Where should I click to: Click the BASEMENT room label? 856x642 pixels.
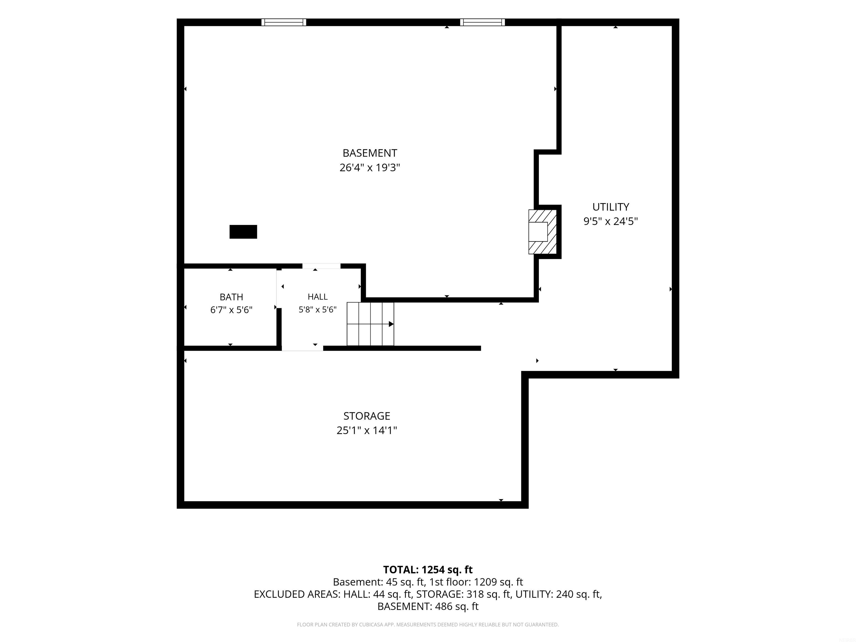[369, 153]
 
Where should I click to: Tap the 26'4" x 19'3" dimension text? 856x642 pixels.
[369, 167]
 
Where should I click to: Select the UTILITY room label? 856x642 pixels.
[611, 207]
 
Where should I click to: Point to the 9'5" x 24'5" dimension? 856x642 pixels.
[611, 221]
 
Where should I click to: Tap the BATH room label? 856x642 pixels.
[231, 297]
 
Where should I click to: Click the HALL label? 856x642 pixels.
[318, 297]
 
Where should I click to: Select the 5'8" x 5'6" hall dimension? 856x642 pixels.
[318, 310]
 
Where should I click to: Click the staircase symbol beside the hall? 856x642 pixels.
[370, 324]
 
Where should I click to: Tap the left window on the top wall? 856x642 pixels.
[284, 22]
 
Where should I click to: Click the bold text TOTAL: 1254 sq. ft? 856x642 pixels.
[428, 570]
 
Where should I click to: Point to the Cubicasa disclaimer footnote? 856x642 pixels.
[428, 625]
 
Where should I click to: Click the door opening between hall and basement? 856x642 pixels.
[321, 266]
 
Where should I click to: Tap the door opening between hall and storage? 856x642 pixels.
[302, 348]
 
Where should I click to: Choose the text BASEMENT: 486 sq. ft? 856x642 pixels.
[428, 606]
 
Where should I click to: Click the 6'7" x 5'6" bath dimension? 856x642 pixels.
[231, 310]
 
